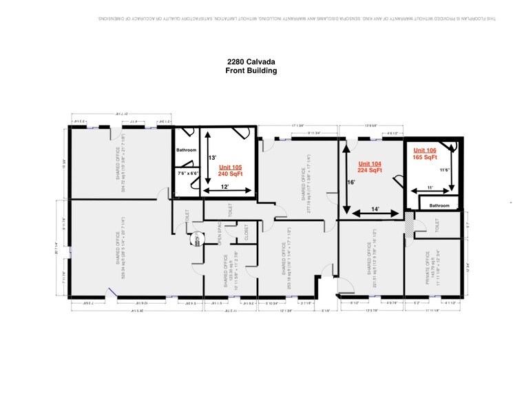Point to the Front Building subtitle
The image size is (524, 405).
click(x=251, y=70)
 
